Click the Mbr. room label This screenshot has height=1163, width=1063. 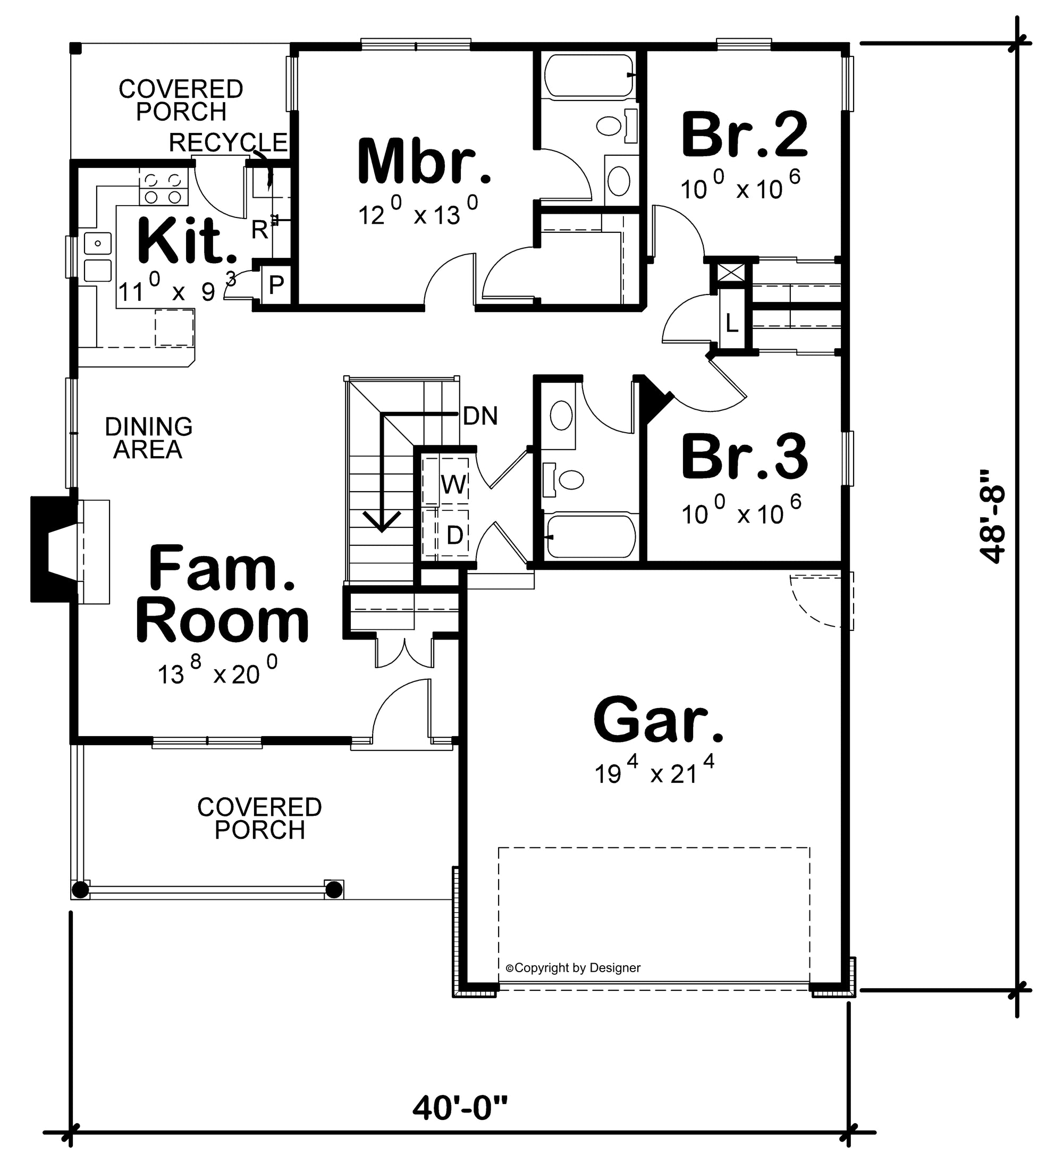[x=424, y=162]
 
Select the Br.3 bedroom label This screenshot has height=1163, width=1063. [x=745, y=457]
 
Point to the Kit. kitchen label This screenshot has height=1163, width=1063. [x=188, y=241]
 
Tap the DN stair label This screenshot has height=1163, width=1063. [x=480, y=416]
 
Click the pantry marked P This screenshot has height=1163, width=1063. [x=276, y=284]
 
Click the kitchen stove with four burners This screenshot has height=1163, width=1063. [x=163, y=188]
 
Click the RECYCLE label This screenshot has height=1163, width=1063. [x=228, y=142]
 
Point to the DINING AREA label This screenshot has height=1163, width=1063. [x=148, y=438]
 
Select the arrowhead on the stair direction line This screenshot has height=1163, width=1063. [x=381, y=521]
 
